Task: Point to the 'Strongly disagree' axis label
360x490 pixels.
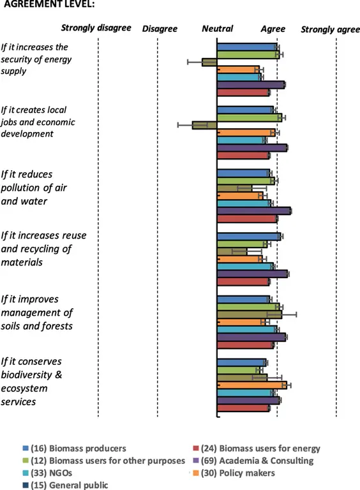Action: (x=96, y=29)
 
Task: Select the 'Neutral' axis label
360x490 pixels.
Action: (x=217, y=29)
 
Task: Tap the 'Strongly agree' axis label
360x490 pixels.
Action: (x=330, y=29)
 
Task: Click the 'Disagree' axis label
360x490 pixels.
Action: (x=160, y=29)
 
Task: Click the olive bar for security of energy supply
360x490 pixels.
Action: (x=209, y=62)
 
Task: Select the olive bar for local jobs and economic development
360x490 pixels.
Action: (x=205, y=125)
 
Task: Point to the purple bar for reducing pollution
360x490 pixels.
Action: (x=254, y=211)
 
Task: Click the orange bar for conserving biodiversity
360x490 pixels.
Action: (x=252, y=385)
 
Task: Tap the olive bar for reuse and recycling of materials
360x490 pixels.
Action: (x=232, y=251)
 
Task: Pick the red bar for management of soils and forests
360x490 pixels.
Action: (x=245, y=345)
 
